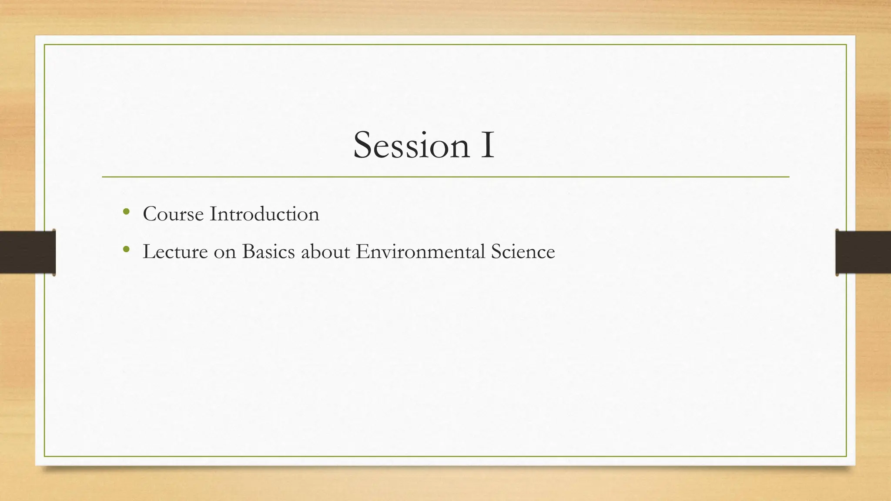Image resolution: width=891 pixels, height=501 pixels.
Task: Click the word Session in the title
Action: pos(411,146)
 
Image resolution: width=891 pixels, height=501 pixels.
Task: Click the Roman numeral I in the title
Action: pos(487,146)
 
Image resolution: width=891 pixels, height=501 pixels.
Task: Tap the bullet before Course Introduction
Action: pos(126,212)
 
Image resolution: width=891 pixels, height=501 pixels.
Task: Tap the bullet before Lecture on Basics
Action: pos(126,249)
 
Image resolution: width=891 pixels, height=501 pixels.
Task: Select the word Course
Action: pos(173,214)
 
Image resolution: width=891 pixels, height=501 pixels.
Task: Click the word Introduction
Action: pos(265,214)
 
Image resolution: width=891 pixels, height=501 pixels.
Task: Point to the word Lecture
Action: pos(175,252)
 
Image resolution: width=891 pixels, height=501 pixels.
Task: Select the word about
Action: pos(325,252)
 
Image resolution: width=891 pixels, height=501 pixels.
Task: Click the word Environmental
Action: pos(420,252)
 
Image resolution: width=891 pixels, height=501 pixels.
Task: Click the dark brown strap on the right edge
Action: pos(863,252)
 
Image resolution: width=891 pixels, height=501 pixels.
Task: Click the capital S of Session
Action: pos(364,146)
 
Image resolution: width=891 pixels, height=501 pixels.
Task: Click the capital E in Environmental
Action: pos(362,252)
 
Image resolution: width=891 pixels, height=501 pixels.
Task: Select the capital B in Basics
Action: pos(248,252)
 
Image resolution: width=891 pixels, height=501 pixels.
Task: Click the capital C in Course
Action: pos(150,214)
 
